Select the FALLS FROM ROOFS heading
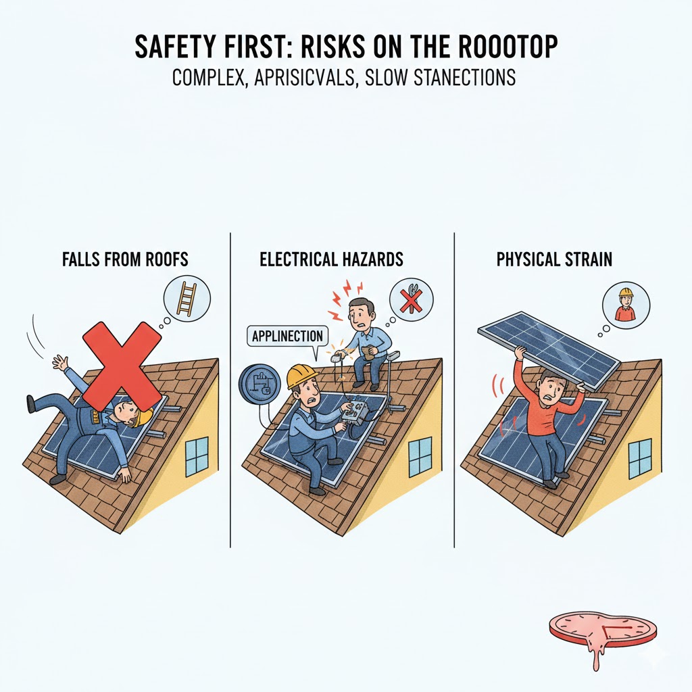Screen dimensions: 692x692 [x=125, y=259]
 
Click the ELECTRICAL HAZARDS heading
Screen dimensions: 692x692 [x=331, y=259]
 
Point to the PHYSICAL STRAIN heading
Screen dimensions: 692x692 [x=554, y=259]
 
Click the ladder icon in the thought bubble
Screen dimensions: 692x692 [x=187, y=299]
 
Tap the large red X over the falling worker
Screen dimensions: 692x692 [x=122, y=364]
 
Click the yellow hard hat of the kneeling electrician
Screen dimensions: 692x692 [x=301, y=376]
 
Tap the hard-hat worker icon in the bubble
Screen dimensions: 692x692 [x=625, y=304]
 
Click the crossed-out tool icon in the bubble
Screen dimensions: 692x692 [x=411, y=299]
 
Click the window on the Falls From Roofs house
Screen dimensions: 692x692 [x=197, y=456]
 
